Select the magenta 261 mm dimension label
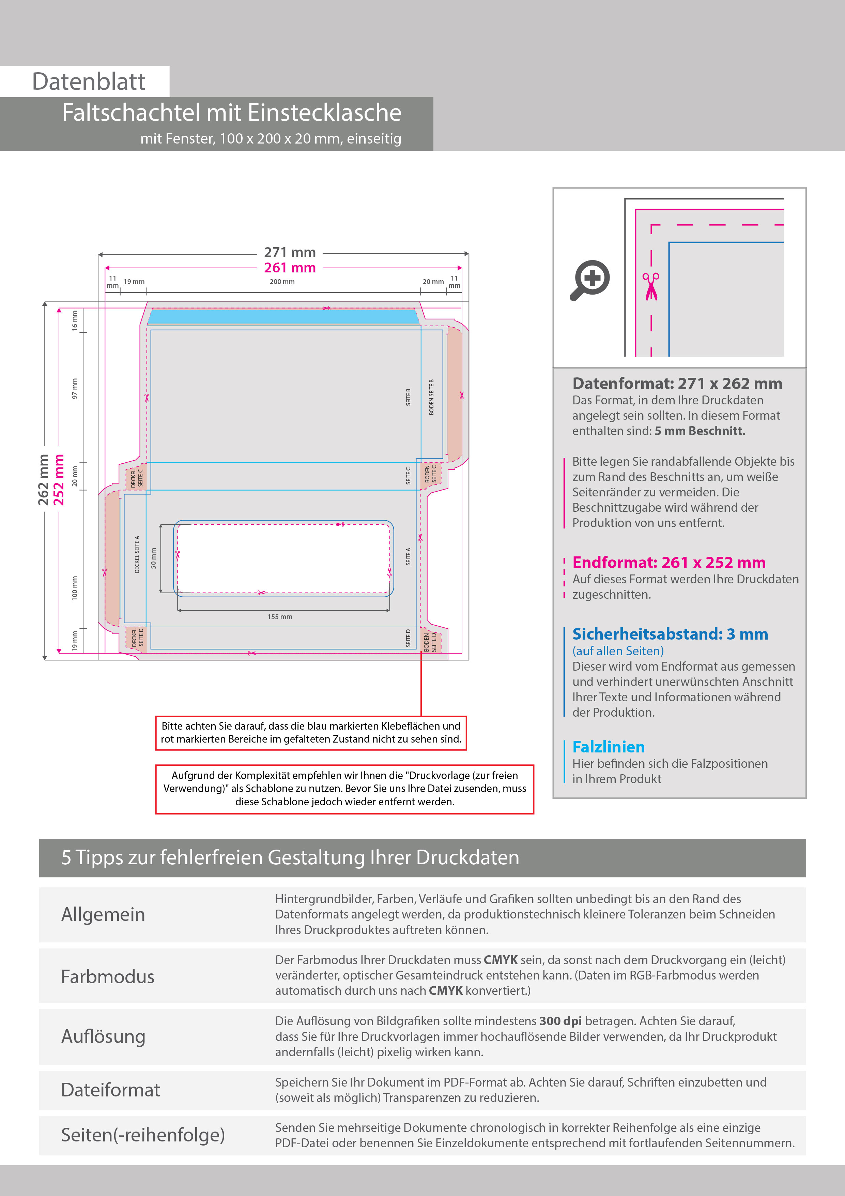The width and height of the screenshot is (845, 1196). click(290, 268)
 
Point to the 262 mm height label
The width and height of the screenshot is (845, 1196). click(43, 479)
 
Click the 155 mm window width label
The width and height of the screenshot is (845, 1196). click(280, 617)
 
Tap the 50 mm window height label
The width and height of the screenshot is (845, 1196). click(153, 558)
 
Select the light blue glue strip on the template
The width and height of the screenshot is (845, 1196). click(284, 317)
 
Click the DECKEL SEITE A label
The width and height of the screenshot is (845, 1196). click(137, 554)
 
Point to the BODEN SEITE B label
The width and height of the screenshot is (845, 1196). click(431, 397)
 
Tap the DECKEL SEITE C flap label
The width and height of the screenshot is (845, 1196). click(136, 478)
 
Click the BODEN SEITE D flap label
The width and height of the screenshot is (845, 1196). click(430, 642)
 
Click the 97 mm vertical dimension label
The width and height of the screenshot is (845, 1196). click(75, 389)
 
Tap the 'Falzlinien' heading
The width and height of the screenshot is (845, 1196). click(608, 747)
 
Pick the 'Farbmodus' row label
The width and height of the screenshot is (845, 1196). click(108, 977)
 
